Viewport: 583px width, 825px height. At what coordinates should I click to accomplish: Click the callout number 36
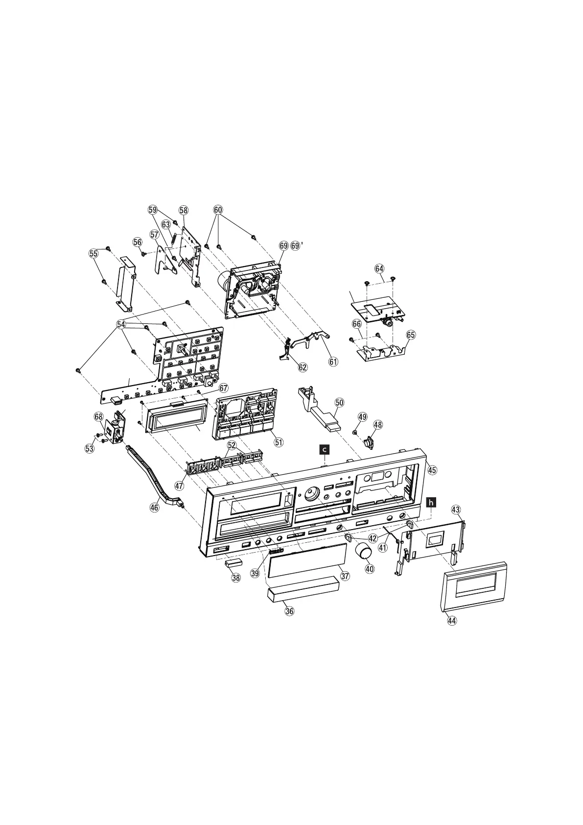click(289, 611)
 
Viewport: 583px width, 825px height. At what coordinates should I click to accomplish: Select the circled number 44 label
click(451, 620)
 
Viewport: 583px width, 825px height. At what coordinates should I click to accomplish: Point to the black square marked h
click(430, 502)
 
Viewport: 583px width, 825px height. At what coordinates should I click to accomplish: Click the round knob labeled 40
click(363, 551)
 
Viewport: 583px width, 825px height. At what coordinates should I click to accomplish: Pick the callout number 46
click(155, 508)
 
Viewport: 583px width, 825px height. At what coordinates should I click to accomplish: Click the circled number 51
click(279, 442)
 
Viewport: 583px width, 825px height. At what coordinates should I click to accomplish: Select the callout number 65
click(411, 335)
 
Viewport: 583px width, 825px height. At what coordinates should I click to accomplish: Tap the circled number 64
click(379, 268)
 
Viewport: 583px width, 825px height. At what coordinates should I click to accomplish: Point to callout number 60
click(218, 210)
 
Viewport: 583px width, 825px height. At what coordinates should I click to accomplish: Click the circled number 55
click(93, 253)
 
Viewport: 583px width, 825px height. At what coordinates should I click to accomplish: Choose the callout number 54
click(121, 324)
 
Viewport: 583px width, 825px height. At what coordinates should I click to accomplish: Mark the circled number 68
click(99, 416)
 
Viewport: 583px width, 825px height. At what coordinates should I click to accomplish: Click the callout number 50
click(340, 402)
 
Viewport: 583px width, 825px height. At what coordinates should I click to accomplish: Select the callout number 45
click(432, 469)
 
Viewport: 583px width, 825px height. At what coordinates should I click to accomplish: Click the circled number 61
click(333, 362)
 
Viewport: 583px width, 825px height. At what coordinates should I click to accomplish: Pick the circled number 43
click(456, 510)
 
